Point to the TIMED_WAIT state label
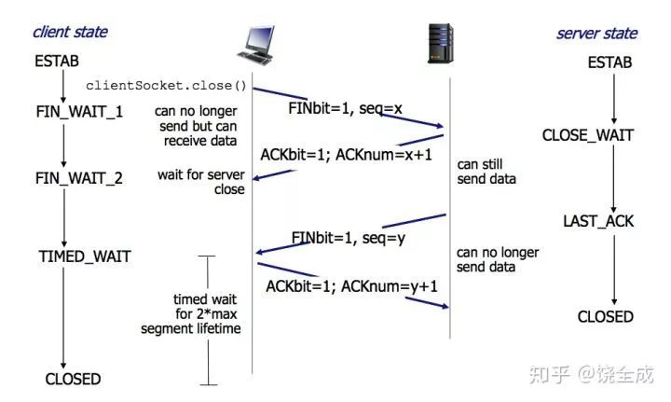[x=84, y=256]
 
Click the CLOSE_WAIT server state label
[x=588, y=135]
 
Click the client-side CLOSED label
[x=73, y=379]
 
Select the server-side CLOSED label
[x=605, y=317]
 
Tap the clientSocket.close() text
[x=166, y=86]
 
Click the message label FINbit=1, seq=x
[x=345, y=109]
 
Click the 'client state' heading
[x=70, y=32]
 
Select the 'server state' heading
[x=596, y=34]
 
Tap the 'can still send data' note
[x=486, y=171]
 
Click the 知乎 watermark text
[x=550, y=374]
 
